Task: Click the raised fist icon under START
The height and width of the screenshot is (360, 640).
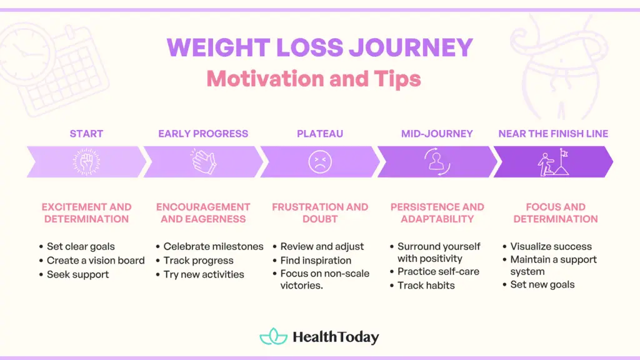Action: click(86, 162)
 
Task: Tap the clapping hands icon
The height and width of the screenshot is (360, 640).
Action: click(203, 162)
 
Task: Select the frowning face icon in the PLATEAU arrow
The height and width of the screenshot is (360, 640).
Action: click(320, 162)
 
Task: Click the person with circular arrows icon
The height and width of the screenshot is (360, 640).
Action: click(437, 162)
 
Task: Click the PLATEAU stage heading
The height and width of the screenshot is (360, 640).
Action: click(320, 133)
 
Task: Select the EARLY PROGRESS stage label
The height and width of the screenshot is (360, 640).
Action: click(203, 133)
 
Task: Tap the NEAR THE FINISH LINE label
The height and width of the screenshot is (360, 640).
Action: click(553, 133)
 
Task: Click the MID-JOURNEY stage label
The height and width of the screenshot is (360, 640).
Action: click(437, 133)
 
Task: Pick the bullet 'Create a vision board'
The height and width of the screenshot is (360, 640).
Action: click(95, 261)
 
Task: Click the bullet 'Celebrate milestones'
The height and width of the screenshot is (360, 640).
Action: click(213, 247)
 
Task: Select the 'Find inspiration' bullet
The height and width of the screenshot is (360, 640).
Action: click(316, 261)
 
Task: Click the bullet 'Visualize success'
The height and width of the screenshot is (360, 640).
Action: click(551, 247)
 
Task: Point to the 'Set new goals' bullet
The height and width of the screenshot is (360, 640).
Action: click(542, 285)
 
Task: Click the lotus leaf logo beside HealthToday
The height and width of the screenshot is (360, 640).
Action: click(273, 337)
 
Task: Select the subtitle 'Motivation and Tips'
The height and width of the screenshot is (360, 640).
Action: click(314, 79)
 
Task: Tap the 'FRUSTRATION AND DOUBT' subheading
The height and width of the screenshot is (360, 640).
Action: click(320, 213)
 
